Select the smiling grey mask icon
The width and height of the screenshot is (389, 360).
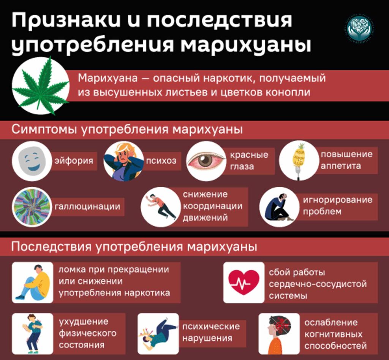[32, 161]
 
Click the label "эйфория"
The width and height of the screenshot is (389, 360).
[74, 161]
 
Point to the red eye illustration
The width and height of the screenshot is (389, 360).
[206, 160]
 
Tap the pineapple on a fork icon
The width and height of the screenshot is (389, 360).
[299, 160]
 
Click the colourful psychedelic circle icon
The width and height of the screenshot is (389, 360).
[32, 207]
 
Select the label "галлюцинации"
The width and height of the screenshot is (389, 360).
[87, 207]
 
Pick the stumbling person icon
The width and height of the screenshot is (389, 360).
[160, 207]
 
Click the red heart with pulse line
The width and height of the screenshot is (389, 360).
[244, 283]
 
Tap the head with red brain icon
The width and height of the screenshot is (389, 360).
[279, 333]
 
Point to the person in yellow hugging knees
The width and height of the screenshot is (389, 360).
[33, 283]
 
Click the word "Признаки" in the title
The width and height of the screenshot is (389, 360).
[68, 21]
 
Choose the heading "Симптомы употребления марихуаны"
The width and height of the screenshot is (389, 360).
[127, 129]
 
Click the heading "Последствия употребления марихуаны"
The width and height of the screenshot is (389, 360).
[134, 247]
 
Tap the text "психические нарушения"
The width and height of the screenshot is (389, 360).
[211, 332]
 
